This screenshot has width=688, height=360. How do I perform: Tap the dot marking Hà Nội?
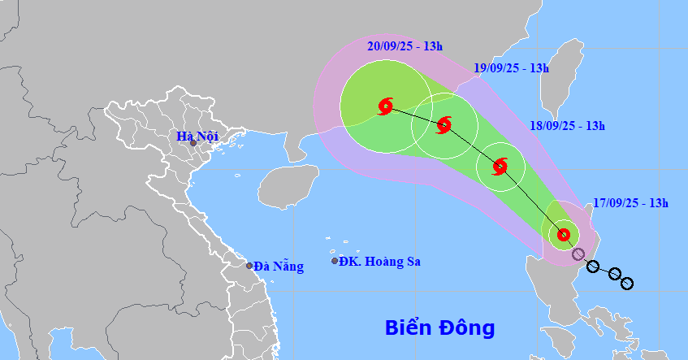point(193,144)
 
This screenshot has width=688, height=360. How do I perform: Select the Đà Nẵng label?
point(278,266)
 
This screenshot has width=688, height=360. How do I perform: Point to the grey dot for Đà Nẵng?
point(249,266)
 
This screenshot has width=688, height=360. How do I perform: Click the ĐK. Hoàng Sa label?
point(380,261)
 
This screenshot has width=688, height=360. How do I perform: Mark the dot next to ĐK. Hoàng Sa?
point(335,261)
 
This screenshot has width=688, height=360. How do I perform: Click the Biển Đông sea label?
point(439,328)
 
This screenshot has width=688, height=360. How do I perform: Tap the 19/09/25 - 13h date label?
point(511,69)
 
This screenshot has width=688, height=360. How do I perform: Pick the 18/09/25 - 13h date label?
point(567,125)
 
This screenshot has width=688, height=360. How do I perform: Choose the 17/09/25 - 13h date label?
point(630,203)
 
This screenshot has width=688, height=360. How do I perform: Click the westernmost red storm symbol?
point(386,106)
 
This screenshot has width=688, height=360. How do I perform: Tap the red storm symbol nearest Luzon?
point(563,236)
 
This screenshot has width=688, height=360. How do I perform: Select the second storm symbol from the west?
point(444,125)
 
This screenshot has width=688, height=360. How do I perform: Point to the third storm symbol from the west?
point(500,167)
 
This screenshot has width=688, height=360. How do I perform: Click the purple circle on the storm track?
point(578,254)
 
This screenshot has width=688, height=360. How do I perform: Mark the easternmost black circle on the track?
point(626,283)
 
